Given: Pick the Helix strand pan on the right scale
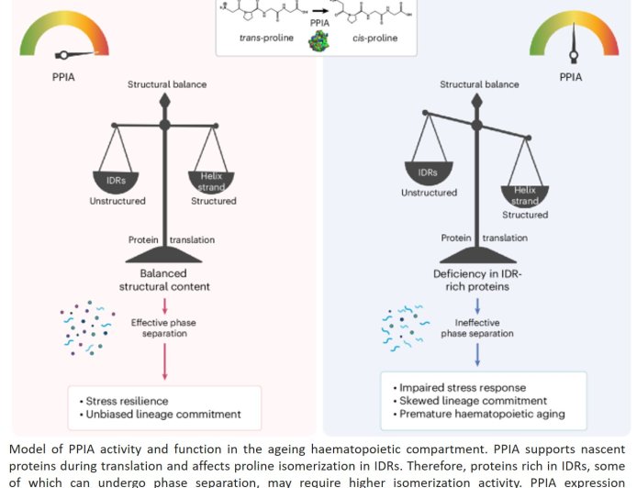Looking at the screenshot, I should tap(524, 194).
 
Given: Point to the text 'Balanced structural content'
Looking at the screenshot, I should tap(164, 280).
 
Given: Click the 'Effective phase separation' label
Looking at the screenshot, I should tap(164, 328).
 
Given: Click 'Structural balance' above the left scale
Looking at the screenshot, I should tap(166, 84).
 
